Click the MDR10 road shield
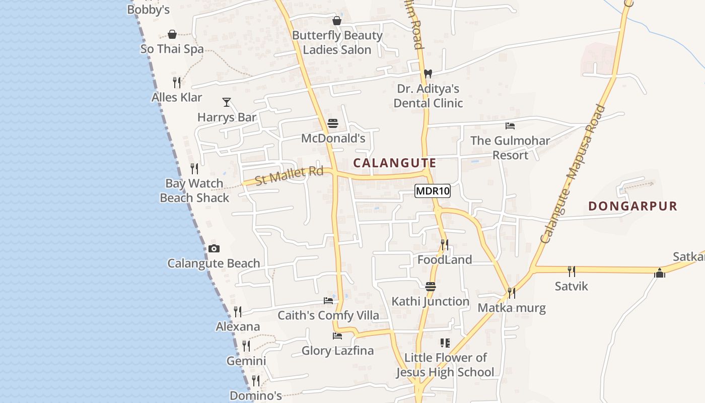432,191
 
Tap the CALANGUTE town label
394,163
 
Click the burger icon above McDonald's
332,123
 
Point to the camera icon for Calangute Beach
214,248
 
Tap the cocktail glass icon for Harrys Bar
227,102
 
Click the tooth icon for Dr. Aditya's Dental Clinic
428,74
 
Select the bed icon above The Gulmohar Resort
510,125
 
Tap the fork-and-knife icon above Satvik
571,272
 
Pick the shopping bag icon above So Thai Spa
172,34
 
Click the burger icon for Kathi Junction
430,287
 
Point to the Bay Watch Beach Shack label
194,190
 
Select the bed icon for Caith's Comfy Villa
328,301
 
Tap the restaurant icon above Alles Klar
177,82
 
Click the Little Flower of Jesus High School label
445,365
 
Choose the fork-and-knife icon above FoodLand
444,245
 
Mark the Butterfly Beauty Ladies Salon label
337,42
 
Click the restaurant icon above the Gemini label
246,346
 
